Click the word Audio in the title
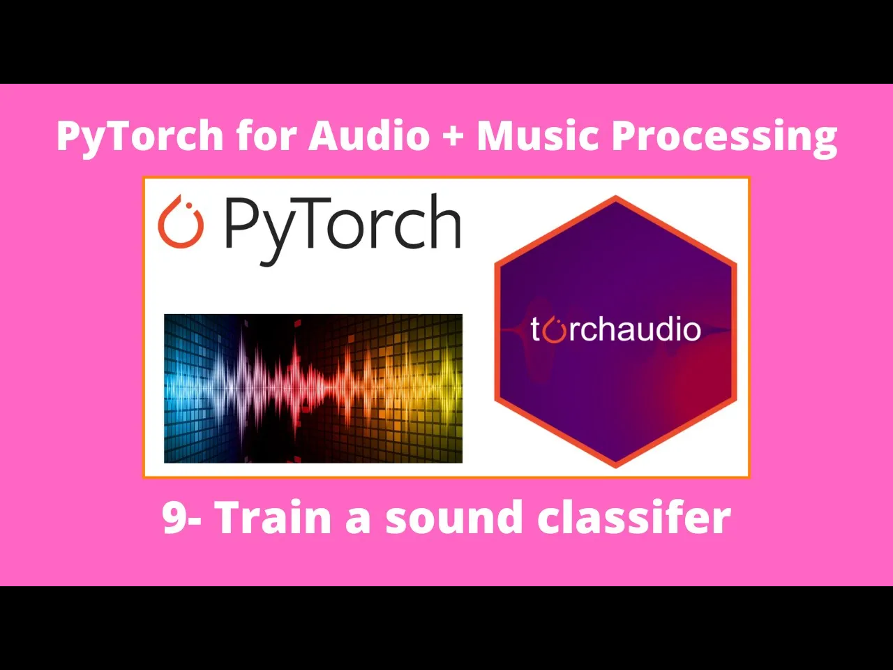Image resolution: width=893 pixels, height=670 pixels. [x=369, y=135]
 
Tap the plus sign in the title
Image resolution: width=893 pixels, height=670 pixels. [x=452, y=135]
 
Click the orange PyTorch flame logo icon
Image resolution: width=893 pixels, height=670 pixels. [x=181, y=222]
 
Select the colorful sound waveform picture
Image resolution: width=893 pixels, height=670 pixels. [x=313, y=388]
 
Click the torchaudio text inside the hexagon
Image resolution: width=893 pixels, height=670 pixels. [x=615, y=329]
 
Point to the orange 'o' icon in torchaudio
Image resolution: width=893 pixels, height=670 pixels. [x=554, y=330]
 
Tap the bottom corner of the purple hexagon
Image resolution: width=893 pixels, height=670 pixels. [x=615, y=464]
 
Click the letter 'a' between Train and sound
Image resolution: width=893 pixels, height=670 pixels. [x=357, y=521]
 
